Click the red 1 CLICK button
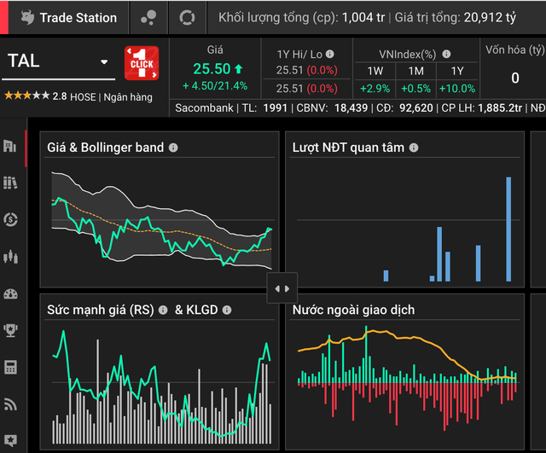pyautogui.click(x=142, y=63)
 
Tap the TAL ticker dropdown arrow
pyautogui.click(x=104, y=62)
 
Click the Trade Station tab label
pyautogui.click(x=78, y=18)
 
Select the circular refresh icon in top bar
pyautogui.click(x=187, y=17)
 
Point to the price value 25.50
pyautogui.click(x=212, y=68)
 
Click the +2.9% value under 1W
pyautogui.click(x=375, y=89)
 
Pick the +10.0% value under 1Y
pyautogui.click(x=457, y=89)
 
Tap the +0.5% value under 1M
pyautogui.click(x=415, y=89)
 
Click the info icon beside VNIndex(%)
pyautogui.click(x=446, y=54)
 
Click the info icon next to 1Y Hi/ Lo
pyautogui.click(x=330, y=54)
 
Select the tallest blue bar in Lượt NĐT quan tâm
pyautogui.click(x=508, y=229)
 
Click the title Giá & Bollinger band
pyautogui.click(x=106, y=148)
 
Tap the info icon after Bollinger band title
pyautogui.click(x=173, y=148)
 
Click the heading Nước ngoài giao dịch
pyautogui.click(x=353, y=310)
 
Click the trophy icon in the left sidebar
pyautogui.click(x=10, y=330)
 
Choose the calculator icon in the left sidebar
pyautogui.click(x=10, y=368)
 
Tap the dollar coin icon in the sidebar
pyautogui.click(x=10, y=219)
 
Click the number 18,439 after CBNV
pyautogui.click(x=351, y=108)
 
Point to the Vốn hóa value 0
pyautogui.click(x=515, y=78)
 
